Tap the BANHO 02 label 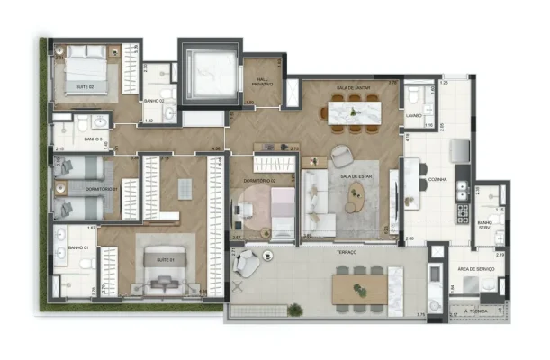[x=154, y=101]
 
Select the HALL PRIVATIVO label [x=263, y=84]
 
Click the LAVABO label [x=414, y=115]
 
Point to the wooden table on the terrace [x=363, y=291]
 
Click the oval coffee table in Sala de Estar [x=357, y=193]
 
